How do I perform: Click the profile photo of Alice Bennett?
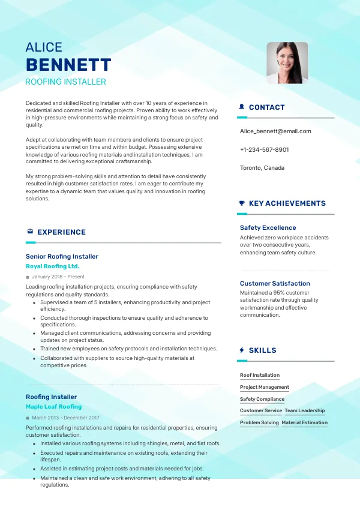287,62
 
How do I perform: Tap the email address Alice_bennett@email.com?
275,131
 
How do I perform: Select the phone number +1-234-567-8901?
264,149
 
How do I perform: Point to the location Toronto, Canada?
262,168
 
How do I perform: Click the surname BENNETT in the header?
68,65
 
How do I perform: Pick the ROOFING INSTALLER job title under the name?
66,82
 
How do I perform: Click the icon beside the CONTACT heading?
242,107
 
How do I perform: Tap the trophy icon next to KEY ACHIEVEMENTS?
242,203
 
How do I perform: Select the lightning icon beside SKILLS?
242,350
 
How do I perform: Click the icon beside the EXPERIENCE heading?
30,232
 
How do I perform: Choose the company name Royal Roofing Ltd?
53,266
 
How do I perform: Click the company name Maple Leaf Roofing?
54,406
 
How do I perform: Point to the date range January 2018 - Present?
58,277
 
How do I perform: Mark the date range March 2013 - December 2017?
65,418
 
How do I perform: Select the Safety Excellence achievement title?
268,228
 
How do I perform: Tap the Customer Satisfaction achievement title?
275,283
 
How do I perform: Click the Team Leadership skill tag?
305,411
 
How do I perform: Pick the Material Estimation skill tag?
305,422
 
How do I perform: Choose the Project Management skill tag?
265,387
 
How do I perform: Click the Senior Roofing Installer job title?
62,256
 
